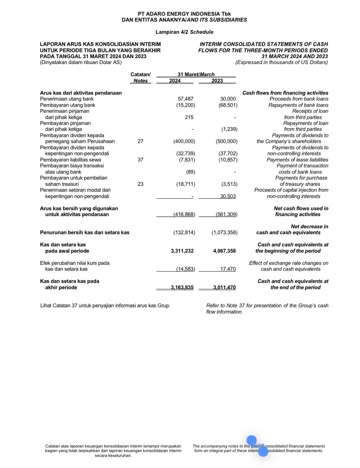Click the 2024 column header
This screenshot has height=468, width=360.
[175, 81]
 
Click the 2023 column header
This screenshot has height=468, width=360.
[217, 81]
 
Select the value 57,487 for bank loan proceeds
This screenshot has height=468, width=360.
[185, 99]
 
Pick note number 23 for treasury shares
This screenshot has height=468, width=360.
[140, 184]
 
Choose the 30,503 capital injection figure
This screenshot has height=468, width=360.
[228, 196]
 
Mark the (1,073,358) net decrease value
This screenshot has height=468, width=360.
[224, 232]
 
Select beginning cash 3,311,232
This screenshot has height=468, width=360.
[182, 251]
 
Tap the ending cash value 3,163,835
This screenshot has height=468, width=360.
[182, 287]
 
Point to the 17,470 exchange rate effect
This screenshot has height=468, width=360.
[228, 269]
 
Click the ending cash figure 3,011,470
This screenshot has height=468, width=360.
[224, 287]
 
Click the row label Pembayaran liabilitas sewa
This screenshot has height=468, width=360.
[70, 160]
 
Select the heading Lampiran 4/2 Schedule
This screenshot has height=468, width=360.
[184, 32]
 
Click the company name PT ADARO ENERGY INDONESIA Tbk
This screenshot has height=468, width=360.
[184, 14]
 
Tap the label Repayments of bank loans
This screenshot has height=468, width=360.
[298, 105]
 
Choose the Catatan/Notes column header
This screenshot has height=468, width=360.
[140, 78]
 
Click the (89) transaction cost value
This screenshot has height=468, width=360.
[190, 172]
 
